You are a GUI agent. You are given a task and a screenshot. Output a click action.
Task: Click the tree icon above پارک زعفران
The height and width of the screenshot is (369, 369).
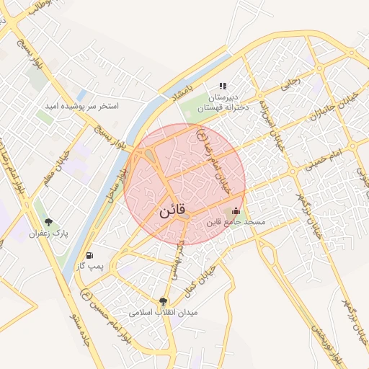(x=48, y=222)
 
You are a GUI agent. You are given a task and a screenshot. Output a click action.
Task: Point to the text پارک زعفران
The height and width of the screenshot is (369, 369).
(x=48, y=234)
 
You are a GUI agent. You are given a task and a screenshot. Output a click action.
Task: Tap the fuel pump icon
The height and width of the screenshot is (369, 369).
(x=89, y=255)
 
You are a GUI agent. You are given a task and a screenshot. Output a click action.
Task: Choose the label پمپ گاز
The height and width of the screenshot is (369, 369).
(x=92, y=267)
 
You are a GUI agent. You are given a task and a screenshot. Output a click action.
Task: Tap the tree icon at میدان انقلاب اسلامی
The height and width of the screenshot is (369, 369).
(x=163, y=301)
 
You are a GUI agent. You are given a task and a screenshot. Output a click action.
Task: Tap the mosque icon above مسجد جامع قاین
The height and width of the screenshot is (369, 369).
(x=237, y=211)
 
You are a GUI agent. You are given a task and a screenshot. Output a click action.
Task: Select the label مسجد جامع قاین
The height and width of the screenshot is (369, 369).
(x=237, y=223)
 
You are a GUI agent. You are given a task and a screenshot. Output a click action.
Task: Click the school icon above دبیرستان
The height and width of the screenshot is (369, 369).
(x=223, y=86)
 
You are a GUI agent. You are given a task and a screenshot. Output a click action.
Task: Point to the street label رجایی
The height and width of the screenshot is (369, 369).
(x=289, y=84)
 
